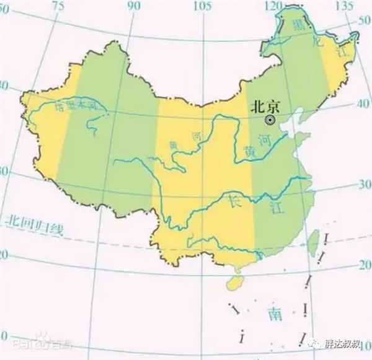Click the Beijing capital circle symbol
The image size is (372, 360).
270,119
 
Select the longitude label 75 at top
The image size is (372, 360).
58,5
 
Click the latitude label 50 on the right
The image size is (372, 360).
364,20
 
